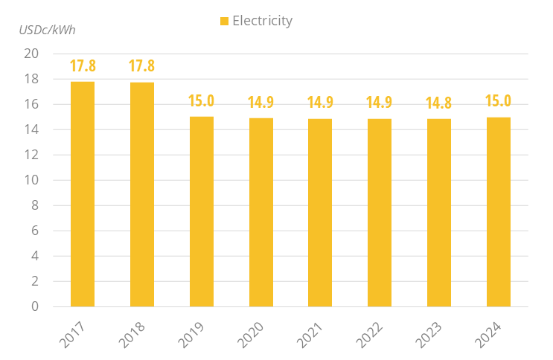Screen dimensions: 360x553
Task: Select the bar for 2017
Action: (x=83, y=193)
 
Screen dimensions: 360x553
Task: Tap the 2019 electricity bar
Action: (x=201, y=211)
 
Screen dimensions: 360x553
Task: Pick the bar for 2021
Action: (x=320, y=212)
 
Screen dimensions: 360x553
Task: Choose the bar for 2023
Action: (x=439, y=212)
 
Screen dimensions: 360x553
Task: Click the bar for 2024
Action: (x=499, y=211)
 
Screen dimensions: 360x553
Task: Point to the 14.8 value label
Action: (x=439, y=103)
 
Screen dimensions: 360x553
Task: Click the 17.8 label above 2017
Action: (x=83, y=65)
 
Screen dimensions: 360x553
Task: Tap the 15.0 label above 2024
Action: (x=499, y=101)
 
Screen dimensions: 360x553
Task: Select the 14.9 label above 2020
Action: (x=260, y=103)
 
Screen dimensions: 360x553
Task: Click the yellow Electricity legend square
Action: (x=225, y=22)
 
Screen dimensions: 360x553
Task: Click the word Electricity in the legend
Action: (x=262, y=21)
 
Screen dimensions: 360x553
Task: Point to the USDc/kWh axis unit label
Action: (x=48, y=30)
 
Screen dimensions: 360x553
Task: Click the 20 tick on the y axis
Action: (x=31, y=54)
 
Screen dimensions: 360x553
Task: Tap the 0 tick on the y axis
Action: (x=35, y=306)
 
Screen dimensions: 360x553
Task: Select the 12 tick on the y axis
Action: (x=31, y=155)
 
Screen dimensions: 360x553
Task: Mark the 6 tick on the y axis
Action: (x=35, y=231)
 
